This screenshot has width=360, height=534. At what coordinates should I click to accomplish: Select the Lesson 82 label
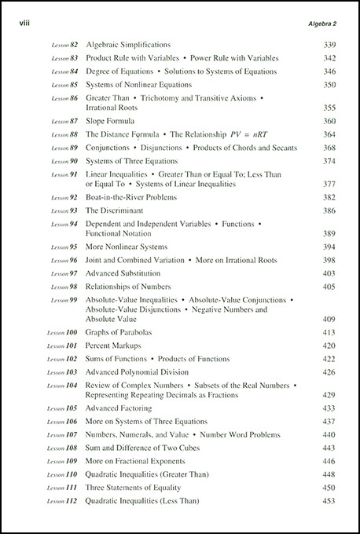point(63,46)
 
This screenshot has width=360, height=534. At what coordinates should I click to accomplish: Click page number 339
point(329,46)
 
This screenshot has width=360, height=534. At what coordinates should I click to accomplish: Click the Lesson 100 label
point(61,333)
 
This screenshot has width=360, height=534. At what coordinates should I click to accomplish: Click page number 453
point(329,501)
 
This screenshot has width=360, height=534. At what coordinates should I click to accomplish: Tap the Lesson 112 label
point(61,501)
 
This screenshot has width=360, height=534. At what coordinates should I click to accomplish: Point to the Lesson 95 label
point(63,247)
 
